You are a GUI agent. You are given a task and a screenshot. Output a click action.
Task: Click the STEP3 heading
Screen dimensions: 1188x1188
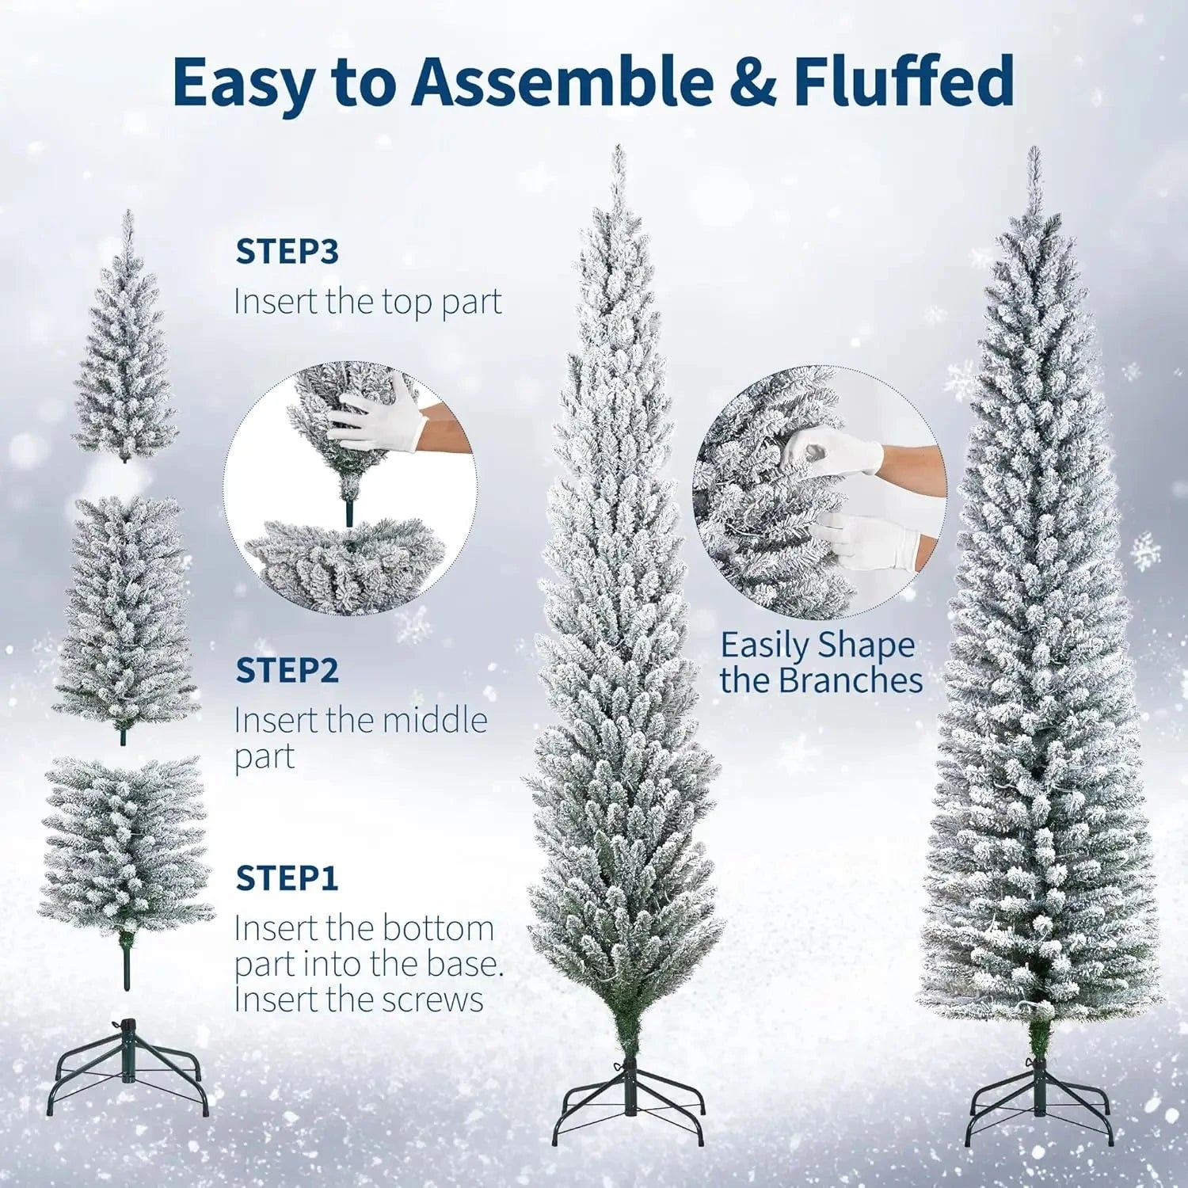287,251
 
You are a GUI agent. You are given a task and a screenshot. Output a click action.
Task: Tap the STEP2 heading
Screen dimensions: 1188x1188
287,670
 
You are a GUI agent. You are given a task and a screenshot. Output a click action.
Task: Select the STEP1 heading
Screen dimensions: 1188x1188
287,878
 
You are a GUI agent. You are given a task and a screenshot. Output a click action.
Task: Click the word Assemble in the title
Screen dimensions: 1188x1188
562,81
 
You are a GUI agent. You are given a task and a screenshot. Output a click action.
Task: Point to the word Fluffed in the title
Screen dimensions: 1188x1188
903,81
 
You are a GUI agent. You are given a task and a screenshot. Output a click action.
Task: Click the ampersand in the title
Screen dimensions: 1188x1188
752,81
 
